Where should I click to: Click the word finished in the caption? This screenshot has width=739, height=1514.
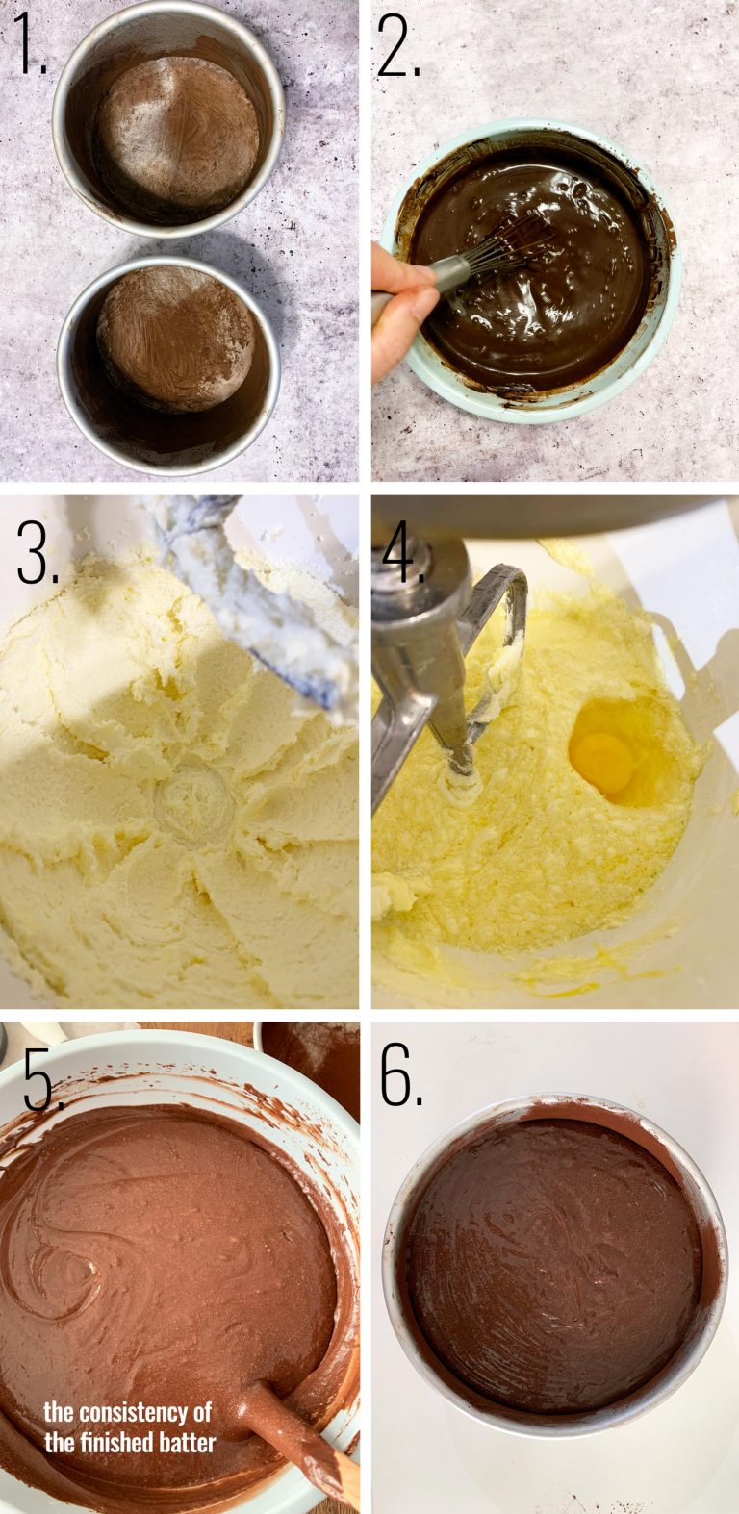(x=115, y=1441)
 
